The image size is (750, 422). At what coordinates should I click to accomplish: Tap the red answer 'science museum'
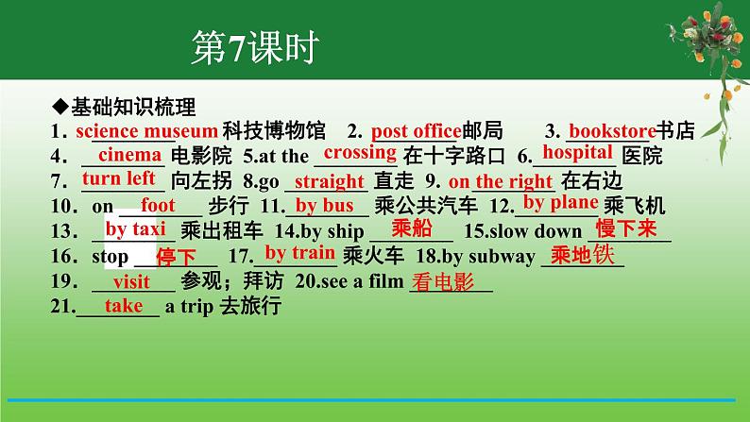146,130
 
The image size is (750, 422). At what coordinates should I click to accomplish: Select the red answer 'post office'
416,130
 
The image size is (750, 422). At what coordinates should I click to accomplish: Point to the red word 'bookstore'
612,130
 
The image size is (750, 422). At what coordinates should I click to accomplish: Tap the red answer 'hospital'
579,152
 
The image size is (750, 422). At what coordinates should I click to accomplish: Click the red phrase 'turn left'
119,178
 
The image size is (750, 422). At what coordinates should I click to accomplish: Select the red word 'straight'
330,181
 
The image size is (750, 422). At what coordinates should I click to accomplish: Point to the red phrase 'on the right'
501,181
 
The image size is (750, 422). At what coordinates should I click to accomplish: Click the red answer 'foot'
158,204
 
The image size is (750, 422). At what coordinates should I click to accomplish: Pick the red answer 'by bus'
325,205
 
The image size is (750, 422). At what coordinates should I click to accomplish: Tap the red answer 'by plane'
560,202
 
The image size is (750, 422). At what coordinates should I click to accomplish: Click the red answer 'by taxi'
135,228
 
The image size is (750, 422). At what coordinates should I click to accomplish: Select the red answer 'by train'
299,252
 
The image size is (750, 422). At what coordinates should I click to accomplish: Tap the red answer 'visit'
131,281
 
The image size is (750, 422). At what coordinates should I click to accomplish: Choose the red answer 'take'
124,305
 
